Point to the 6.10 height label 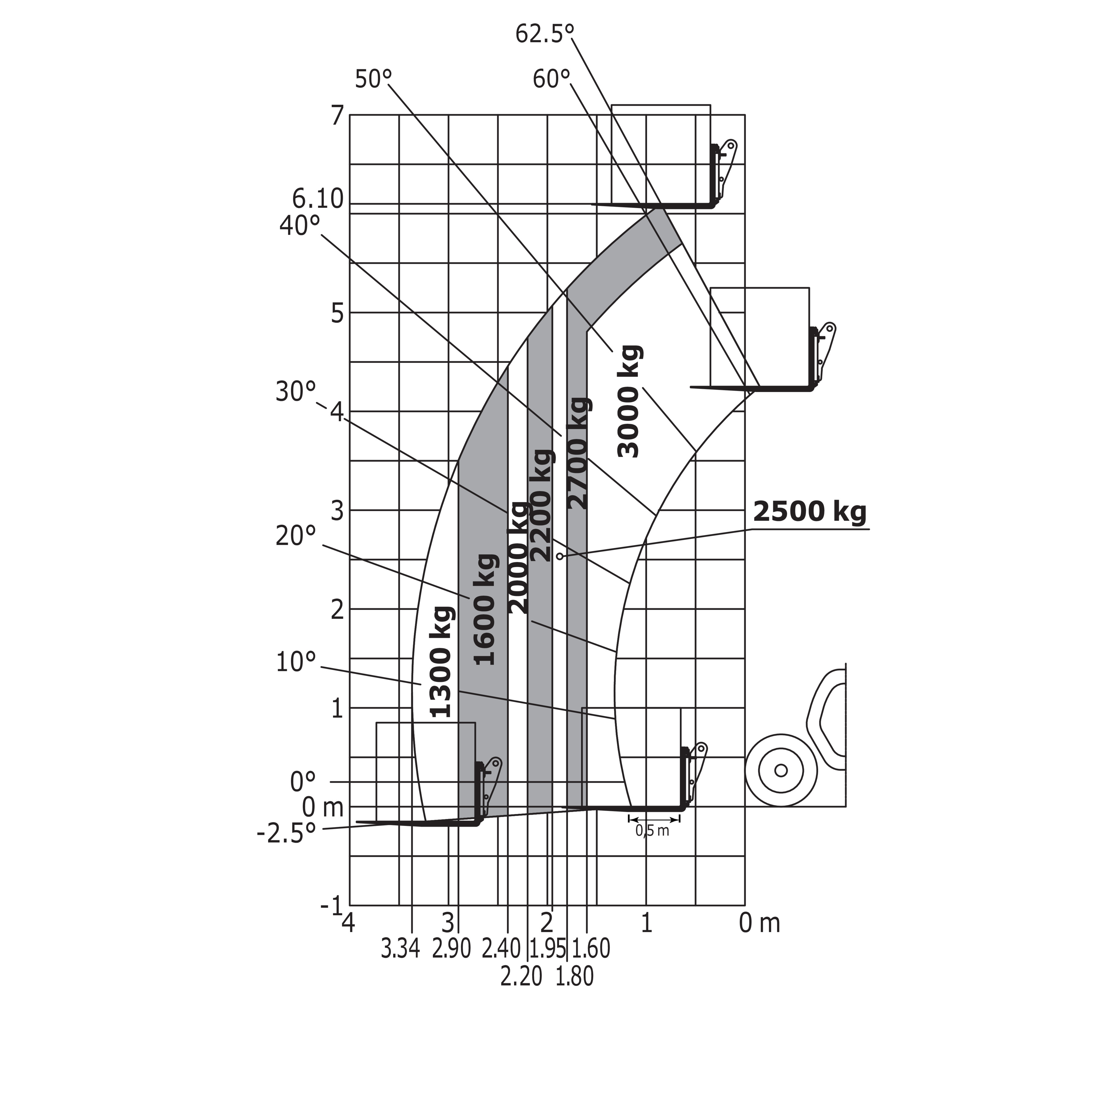pyautogui.click(x=318, y=199)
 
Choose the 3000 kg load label pyautogui.click(x=629, y=401)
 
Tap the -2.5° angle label pyautogui.click(x=286, y=834)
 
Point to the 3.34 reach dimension pyautogui.click(x=400, y=949)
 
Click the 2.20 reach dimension pyautogui.click(x=521, y=976)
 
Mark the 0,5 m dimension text pyautogui.click(x=652, y=831)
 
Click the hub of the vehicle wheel pyautogui.click(x=781, y=770)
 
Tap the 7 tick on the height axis pyautogui.click(x=337, y=116)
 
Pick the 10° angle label pyautogui.click(x=296, y=662)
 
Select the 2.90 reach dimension pyautogui.click(x=452, y=949)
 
